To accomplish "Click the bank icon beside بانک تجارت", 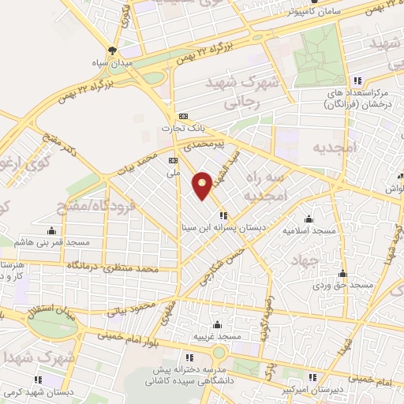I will [183, 114].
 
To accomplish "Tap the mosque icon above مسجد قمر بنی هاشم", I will [52, 230].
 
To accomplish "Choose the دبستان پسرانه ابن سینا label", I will [224, 226].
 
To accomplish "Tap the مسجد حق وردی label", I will [342, 284].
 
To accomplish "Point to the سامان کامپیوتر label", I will [296, 12].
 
